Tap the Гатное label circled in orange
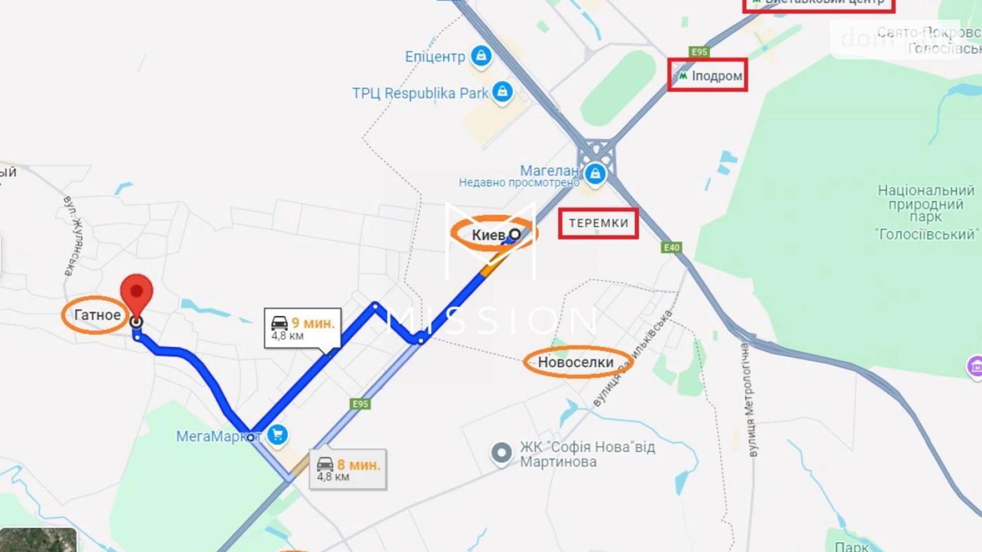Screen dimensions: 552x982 point(97,315)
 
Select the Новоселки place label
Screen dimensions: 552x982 point(576,363)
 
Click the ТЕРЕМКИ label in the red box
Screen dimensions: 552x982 point(598,223)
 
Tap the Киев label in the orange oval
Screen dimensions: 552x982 point(489,235)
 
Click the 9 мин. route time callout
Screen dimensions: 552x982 point(303,328)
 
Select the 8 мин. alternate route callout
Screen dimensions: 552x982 point(348,469)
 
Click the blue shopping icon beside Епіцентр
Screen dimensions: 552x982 point(481,55)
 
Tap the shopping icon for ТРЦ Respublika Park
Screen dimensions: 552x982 point(502,91)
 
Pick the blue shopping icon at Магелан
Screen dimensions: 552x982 point(595,173)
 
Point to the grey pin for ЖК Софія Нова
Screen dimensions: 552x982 point(501,453)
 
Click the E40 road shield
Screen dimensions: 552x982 point(671,247)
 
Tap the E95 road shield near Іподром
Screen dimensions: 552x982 point(699,51)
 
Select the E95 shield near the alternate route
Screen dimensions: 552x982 point(360,404)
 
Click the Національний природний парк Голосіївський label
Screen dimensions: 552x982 point(926,212)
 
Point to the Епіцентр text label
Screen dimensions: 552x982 point(435,57)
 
